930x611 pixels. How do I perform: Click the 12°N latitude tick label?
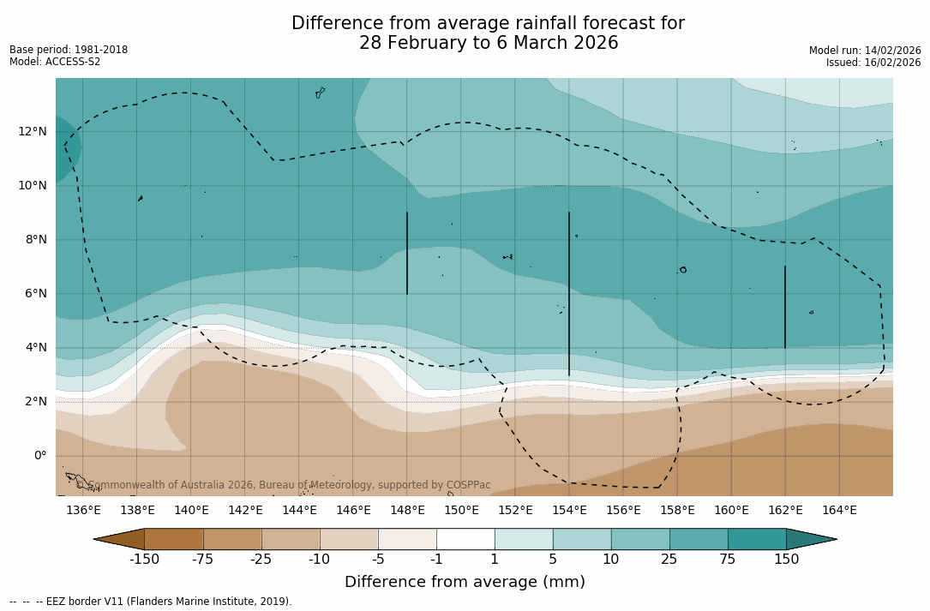(30, 132)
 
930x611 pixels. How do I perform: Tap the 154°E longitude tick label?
(569, 511)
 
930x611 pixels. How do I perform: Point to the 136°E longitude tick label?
(83, 511)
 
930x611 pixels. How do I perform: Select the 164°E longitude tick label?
(839, 511)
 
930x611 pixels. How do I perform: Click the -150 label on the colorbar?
(144, 560)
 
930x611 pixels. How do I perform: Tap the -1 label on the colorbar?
(436, 560)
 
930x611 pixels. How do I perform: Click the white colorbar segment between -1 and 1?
(465, 539)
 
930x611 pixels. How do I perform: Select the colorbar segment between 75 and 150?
(757, 539)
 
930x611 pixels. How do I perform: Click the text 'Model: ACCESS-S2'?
(55, 62)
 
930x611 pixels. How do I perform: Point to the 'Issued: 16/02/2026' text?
(873, 63)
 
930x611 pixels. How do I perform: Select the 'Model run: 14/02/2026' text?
(865, 51)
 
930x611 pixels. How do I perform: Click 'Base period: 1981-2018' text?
(69, 50)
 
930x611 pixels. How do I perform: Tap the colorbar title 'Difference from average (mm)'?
(465, 583)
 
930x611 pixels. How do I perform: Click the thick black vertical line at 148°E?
(407, 253)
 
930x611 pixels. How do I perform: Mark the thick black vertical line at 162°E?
(785, 307)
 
